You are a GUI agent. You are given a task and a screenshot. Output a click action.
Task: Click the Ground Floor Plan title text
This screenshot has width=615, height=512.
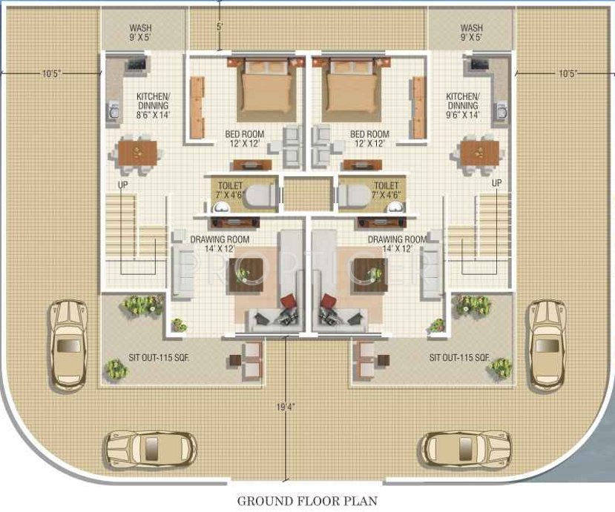[x=306, y=501]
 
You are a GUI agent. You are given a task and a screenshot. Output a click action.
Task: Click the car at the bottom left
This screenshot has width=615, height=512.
[x=151, y=449]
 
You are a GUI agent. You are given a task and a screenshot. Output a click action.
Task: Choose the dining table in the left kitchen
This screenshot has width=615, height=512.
[x=138, y=153]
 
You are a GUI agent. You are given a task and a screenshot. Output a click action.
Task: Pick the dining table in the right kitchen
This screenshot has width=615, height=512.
[x=477, y=153]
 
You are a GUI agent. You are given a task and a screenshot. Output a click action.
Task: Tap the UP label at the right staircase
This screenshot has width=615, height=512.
[x=497, y=182]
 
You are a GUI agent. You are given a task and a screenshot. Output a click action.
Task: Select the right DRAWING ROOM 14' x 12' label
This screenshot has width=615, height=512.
[x=396, y=244]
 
